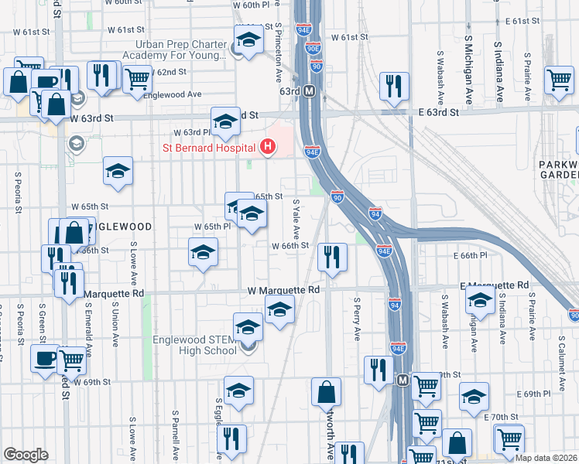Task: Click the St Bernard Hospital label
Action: click(208, 148)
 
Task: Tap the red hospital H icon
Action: click(269, 145)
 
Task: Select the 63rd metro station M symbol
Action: click(309, 90)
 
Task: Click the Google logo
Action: click(26, 455)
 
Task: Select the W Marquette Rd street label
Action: click(283, 290)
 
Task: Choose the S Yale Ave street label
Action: click(296, 219)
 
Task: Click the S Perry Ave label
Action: click(357, 319)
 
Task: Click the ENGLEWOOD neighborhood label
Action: click(122, 227)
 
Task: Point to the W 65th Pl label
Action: click(212, 227)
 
